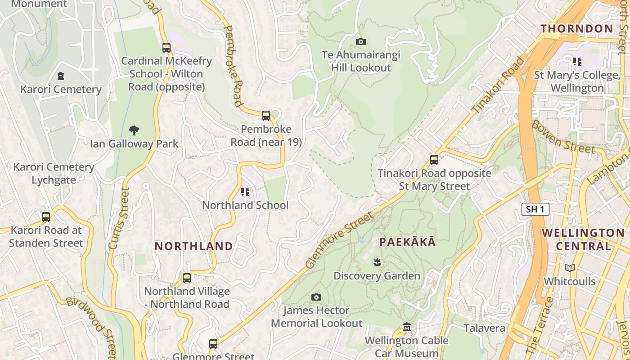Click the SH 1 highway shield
535,209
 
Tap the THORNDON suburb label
577,29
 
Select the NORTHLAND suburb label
194,246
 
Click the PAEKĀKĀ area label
407,242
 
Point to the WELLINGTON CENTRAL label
583,239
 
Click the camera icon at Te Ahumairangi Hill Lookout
361,42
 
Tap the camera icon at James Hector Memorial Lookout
316,297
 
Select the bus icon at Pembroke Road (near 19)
266,116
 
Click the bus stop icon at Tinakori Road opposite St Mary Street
434,160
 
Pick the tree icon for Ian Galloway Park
134,130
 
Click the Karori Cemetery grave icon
61,76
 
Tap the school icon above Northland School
245,192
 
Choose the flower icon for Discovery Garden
377,262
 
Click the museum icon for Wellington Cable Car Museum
407,327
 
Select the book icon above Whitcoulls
570,268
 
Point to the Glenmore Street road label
339,241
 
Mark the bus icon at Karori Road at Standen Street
46,217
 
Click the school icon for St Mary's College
577,62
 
